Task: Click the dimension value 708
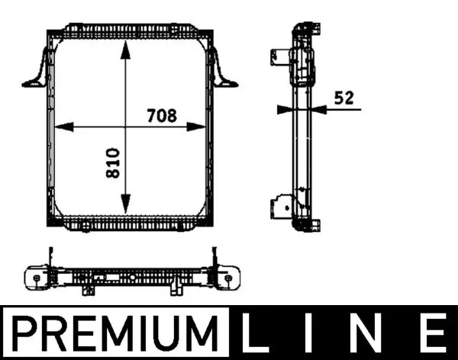(x=161, y=116)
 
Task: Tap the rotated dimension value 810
(x=114, y=163)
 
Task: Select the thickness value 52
(x=343, y=97)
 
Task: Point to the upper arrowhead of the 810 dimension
(x=127, y=47)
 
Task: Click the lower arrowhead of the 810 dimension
(x=127, y=207)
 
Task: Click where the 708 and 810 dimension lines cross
(x=127, y=126)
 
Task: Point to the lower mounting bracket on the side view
(x=278, y=207)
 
